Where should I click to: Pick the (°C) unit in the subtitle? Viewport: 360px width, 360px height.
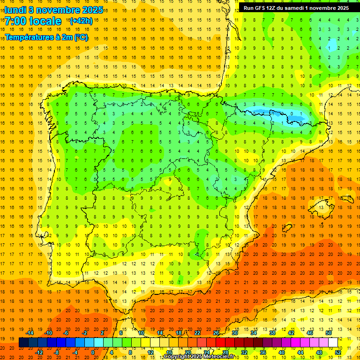pos(80,37)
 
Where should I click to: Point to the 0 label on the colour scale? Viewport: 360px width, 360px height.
pos(93,352)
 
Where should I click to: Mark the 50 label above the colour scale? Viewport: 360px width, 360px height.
pos(328,333)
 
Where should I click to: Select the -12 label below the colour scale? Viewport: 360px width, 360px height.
pos(39,352)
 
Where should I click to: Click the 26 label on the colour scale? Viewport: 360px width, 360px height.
pos(216,333)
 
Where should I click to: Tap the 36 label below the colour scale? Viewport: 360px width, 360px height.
pos(263,352)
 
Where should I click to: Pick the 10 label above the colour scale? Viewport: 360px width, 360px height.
pos(141,333)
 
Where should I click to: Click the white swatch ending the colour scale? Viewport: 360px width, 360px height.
pos(333,343)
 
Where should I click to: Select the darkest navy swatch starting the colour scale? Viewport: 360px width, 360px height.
pos(23,343)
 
